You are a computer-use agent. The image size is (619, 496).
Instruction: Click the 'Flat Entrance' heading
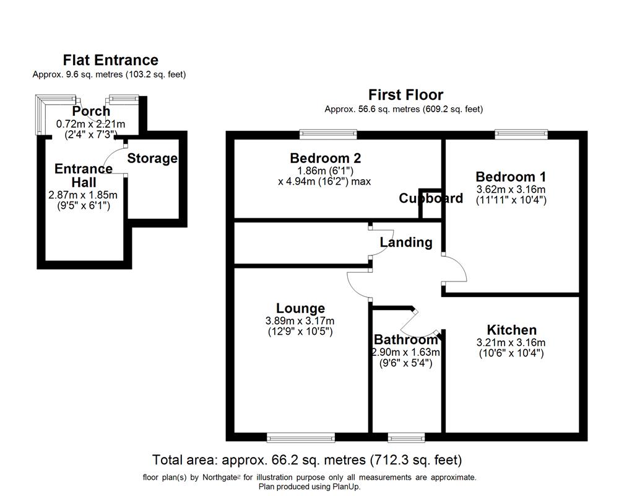111,60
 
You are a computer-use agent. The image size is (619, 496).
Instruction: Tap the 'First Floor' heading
405,95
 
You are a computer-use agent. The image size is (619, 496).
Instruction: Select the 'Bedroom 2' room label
325,158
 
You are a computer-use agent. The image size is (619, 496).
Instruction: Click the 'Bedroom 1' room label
511,176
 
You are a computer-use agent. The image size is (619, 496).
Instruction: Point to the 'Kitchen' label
511,330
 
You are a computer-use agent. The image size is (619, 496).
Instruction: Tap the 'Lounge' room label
300,308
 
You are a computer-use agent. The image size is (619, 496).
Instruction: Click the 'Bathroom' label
405,340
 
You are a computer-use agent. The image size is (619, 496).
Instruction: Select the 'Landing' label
406,242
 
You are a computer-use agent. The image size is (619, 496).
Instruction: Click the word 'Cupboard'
431,198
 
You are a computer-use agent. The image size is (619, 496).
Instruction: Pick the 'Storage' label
152,158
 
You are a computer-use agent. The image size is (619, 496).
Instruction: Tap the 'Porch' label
91,112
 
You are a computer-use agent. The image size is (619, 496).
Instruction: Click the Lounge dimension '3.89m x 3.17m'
300,321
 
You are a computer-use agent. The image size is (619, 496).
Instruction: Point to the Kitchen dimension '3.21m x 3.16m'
511,342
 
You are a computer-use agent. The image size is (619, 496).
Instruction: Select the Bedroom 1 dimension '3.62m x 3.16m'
511,189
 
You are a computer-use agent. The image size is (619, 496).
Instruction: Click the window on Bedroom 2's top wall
328,132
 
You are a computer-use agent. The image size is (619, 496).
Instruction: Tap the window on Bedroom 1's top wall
521,132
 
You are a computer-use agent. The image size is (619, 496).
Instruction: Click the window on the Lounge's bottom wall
301,438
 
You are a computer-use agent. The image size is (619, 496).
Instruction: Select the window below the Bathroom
406,438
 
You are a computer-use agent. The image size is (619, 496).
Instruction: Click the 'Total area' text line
307,460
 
